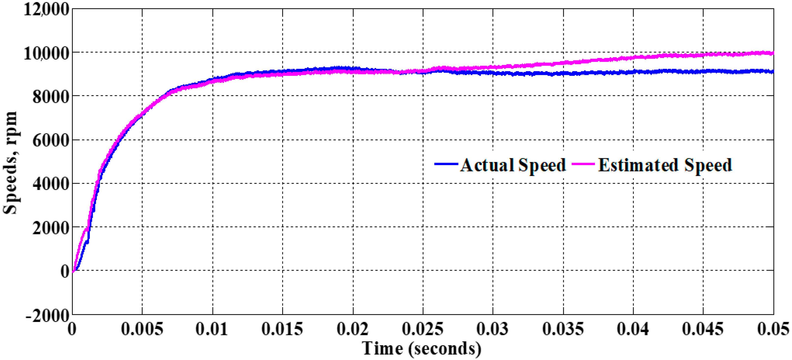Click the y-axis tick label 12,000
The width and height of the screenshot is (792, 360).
coord(46,9)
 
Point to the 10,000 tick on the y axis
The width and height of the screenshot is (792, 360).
coord(46,53)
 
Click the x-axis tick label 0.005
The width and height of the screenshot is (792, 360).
coord(142,329)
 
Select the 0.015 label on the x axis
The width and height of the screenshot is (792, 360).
coord(282,329)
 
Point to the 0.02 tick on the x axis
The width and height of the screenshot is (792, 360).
coord(353,329)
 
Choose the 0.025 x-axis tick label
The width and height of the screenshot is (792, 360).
coord(423,329)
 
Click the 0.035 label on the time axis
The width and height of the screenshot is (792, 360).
coord(563,329)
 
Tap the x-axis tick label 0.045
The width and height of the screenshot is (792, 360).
coord(703,329)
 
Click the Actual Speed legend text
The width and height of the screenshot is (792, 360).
coord(513,165)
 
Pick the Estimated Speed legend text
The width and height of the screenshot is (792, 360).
coord(665,165)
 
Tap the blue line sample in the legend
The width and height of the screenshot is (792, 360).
coord(446,164)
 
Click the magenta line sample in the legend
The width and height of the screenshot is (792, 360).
coord(583,164)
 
